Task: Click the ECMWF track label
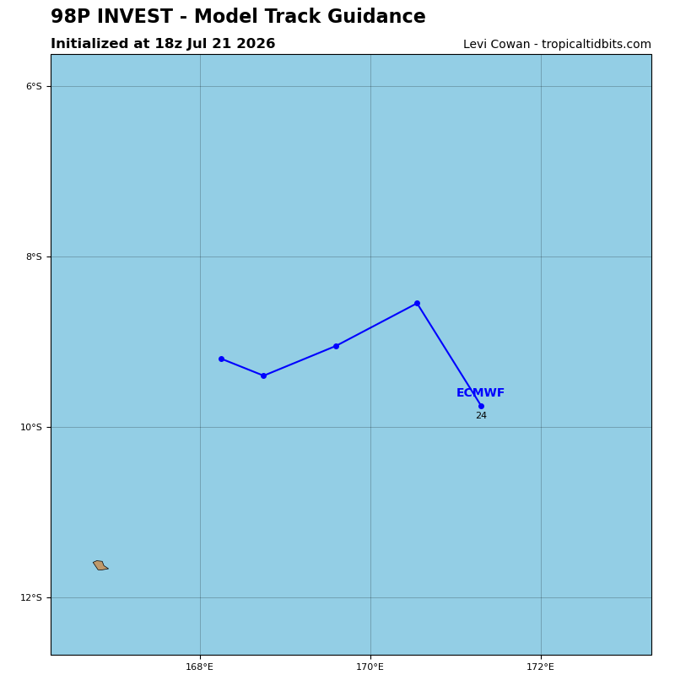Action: click(x=480, y=392)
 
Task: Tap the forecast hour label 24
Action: click(x=481, y=415)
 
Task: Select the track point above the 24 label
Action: click(x=481, y=406)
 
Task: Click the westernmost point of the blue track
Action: click(x=221, y=359)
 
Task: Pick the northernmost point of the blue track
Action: click(x=417, y=304)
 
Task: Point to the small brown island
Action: click(x=100, y=565)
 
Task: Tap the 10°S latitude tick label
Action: click(x=31, y=427)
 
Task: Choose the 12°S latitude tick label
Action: click(x=31, y=597)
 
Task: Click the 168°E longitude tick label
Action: click(x=199, y=667)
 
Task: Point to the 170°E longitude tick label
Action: click(x=370, y=667)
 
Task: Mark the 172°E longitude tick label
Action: click(x=540, y=667)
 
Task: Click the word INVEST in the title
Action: click(x=135, y=16)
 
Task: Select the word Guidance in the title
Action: click(x=376, y=16)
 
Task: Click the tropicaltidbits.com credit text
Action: click(x=597, y=45)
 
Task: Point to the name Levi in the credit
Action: click(x=473, y=45)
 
